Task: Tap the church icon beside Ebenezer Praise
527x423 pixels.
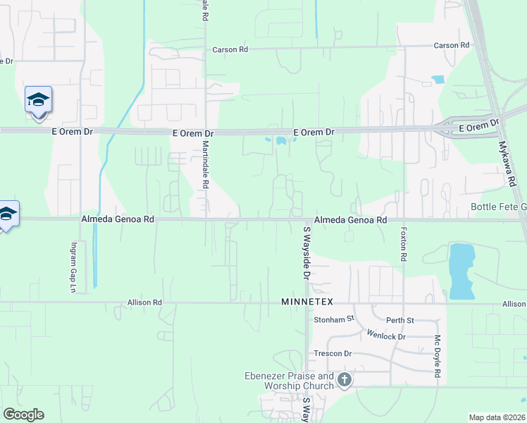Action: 345,381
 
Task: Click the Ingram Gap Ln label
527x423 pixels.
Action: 73,268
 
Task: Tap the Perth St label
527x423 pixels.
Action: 400,320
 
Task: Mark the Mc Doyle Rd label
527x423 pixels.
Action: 438,356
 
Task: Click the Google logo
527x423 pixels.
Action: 23,415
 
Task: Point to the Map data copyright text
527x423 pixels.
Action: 497,417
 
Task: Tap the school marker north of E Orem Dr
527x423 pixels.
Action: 38,100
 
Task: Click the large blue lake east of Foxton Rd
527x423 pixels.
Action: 461,270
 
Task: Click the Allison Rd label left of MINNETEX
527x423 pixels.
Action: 145,302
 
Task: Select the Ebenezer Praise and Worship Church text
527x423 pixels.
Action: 289,381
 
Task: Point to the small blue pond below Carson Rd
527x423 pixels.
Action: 438,79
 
